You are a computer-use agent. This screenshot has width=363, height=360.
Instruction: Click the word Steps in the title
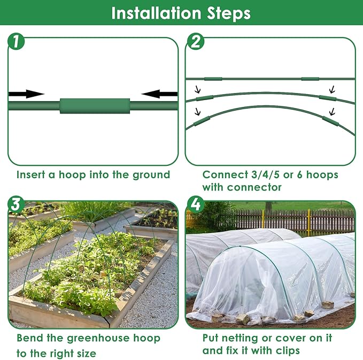tap(229, 13)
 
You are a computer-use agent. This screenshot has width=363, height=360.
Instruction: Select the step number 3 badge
tap(16, 204)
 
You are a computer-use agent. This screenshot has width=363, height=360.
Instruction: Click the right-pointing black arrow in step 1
tap(26, 94)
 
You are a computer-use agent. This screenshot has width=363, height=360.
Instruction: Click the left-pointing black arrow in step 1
tap(160, 94)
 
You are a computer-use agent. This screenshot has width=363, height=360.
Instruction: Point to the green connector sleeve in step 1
tap(95, 105)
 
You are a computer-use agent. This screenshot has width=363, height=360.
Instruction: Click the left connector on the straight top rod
tap(213, 79)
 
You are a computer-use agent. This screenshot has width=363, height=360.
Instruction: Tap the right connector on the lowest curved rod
tap(331, 122)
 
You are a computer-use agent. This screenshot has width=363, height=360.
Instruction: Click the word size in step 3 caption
tap(84, 353)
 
